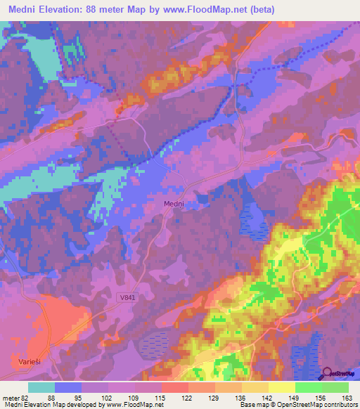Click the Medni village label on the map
coord(174,203)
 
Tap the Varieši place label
coord(29,361)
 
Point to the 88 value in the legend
coord(50,398)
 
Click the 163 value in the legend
coord(347,398)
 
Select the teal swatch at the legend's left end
coord(41,387)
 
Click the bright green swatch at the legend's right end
coord(335,387)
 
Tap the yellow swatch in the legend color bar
coord(281,387)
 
